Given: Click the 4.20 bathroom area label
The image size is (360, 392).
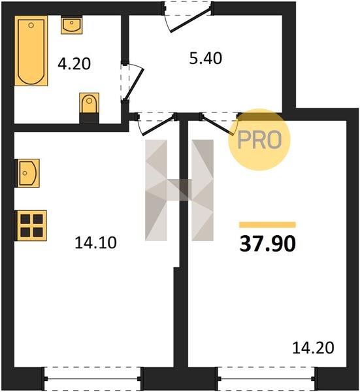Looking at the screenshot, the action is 74,64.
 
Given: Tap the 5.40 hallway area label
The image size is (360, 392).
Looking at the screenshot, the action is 206,58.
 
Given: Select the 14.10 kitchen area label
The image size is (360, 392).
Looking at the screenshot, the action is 95,243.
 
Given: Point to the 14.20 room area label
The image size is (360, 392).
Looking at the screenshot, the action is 313,348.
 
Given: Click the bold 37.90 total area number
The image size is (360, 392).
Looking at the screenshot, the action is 268,244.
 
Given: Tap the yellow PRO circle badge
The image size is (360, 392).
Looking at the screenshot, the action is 259,140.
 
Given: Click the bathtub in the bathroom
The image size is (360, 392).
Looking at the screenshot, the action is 31,51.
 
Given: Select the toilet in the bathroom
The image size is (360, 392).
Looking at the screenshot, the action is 90,108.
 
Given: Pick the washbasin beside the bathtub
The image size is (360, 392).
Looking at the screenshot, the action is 72,25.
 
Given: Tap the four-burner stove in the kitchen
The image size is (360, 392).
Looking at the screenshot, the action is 31,226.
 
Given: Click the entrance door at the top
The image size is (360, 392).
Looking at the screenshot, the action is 189,17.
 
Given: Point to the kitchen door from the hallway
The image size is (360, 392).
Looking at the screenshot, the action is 157,123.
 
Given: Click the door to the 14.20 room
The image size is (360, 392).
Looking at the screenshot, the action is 220,123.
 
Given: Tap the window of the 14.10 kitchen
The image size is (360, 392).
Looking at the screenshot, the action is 93,379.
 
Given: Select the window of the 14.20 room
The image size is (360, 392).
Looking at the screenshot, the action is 267,379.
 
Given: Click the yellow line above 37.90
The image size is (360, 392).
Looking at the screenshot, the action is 267,225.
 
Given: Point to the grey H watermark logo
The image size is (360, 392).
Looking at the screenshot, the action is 179,190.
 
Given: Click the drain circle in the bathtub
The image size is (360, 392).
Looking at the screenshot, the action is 31,25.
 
